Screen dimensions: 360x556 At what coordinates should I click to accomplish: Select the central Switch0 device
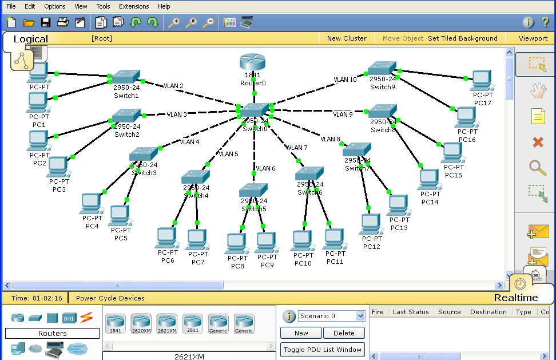255,110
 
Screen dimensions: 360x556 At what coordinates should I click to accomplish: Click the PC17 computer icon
482,80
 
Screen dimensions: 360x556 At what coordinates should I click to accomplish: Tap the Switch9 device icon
382,69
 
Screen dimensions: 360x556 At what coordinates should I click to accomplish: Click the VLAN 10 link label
345,80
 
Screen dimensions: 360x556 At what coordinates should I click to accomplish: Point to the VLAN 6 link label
266,168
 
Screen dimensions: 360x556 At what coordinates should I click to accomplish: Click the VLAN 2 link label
173,86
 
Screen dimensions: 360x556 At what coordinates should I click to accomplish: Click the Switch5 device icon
253,190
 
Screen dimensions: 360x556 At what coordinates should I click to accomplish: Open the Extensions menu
134,6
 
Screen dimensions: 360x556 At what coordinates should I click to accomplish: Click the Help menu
164,6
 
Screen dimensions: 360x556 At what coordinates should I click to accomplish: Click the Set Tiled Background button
463,38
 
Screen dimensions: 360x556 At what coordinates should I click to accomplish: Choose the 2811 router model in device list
192,323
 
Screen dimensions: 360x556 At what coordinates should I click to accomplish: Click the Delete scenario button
344,333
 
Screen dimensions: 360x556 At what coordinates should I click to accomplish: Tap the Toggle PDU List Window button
323,350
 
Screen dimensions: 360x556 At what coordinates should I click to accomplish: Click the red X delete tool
538,142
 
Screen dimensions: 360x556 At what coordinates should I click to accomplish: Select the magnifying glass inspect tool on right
537,168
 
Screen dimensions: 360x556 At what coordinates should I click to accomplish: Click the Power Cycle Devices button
110,298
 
